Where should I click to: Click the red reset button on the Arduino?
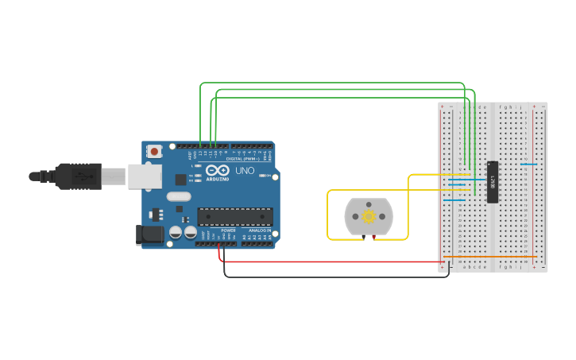point(154,150)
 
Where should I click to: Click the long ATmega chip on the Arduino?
point(235,216)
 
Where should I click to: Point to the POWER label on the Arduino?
point(228,242)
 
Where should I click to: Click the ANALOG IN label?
point(259,242)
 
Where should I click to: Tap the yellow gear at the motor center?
point(369,216)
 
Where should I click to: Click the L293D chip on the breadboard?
point(493,182)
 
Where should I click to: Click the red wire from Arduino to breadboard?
point(334,261)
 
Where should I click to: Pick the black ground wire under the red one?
point(334,277)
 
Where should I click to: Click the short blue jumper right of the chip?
point(528,165)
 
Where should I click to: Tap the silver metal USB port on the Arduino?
point(145,176)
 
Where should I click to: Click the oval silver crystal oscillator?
point(179,196)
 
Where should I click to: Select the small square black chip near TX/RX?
point(180,180)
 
